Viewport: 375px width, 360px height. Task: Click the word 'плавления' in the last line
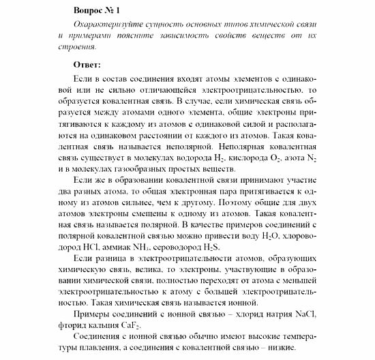coord(103,348)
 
